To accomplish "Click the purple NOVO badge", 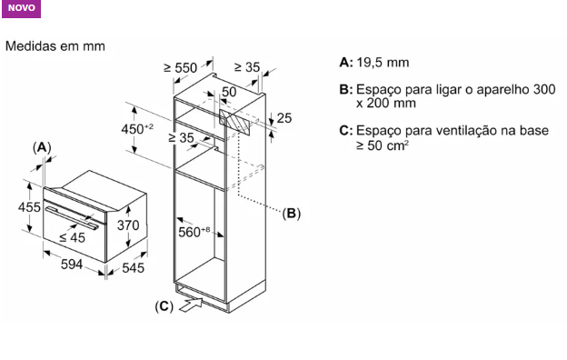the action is click(21, 8).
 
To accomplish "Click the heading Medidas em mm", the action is click(55, 46).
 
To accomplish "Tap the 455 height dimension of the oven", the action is click(29, 207).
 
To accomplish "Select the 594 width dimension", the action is click(72, 265).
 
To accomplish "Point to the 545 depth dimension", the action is click(133, 268).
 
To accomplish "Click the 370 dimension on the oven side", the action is click(128, 225).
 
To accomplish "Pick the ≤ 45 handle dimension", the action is click(72, 237).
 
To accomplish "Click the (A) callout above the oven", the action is click(42, 147).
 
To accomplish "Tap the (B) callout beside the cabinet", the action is click(291, 213).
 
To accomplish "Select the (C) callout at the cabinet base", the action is click(164, 306).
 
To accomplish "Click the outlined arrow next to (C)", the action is click(191, 305).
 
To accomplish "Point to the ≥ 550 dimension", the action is click(181, 67).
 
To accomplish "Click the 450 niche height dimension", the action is click(137, 129).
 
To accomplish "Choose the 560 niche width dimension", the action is click(194, 232).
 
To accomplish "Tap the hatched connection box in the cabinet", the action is click(234, 123).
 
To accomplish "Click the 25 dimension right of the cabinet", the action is click(283, 118).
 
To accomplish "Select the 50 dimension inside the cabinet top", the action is click(229, 92).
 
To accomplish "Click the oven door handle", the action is click(71, 218).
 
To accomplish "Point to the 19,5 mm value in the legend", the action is click(383, 63).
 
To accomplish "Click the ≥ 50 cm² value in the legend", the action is click(383, 145).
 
